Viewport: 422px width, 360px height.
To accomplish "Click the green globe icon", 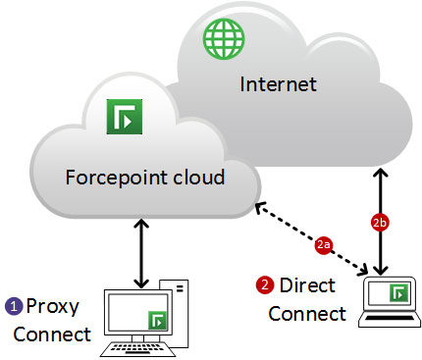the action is click(224, 39).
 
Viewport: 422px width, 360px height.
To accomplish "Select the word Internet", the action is click(279, 84).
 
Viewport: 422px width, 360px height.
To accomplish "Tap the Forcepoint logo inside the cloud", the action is click(125, 117).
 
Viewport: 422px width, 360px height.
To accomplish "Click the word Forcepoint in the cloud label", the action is click(116, 178).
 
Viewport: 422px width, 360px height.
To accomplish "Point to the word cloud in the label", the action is click(198, 177).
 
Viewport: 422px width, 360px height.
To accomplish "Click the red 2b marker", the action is click(380, 223).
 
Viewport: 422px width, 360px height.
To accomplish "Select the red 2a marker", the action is click(324, 244).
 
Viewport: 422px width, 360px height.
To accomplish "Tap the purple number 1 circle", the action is click(14, 307).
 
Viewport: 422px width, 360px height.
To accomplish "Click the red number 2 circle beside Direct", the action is click(265, 285).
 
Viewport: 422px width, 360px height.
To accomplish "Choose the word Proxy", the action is click(53, 307).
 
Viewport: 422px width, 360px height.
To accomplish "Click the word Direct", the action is click(307, 285).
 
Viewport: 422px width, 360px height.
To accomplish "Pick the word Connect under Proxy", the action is click(52, 334).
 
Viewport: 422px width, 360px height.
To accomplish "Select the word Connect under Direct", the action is click(307, 314).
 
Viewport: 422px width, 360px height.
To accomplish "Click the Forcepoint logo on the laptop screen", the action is click(399, 293).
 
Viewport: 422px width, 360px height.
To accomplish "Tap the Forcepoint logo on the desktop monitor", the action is click(158, 320).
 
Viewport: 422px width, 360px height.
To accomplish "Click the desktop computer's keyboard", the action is click(138, 349).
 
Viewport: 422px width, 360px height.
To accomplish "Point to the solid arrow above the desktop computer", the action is click(141, 254).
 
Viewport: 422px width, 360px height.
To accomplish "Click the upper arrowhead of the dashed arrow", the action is click(259, 207).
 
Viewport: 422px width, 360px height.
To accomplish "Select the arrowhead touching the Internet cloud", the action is click(380, 173).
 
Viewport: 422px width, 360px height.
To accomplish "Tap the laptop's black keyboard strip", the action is click(390, 318).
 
